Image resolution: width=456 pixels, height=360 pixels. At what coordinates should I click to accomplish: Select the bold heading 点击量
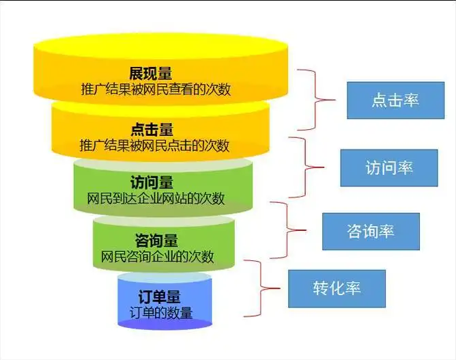pyautogui.click(x=152, y=129)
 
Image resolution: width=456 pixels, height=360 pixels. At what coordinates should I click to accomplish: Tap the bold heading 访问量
pyautogui.click(x=152, y=183)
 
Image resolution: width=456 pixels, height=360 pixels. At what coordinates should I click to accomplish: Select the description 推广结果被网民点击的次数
pyautogui.click(x=155, y=146)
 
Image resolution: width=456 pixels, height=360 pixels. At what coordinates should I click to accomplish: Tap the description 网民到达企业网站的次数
pyautogui.click(x=156, y=199)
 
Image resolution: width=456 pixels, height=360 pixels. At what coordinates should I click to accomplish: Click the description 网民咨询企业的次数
pyautogui.click(x=157, y=257)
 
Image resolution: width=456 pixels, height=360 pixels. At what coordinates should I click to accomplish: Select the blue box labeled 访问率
pyautogui.click(x=389, y=168)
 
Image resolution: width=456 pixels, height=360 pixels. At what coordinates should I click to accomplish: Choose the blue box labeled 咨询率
pyautogui.click(x=370, y=230)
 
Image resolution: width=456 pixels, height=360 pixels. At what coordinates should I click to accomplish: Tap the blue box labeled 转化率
pyautogui.click(x=337, y=288)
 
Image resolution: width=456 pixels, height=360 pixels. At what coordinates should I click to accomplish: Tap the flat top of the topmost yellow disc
pyautogui.click(x=160, y=46)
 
